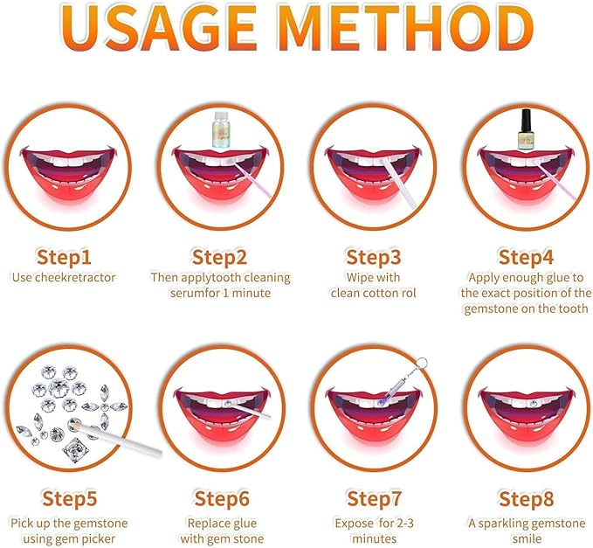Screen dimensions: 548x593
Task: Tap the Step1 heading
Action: (x=64, y=257)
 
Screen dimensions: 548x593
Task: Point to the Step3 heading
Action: (x=374, y=257)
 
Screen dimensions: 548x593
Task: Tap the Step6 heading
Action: (x=221, y=499)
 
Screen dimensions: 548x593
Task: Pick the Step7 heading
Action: (x=374, y=499)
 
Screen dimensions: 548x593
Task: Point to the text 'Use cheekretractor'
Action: (x=64, y=278)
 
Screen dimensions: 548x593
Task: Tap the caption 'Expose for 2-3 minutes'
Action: (x=374, y=530)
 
